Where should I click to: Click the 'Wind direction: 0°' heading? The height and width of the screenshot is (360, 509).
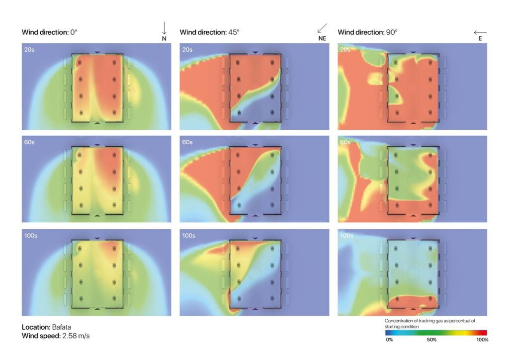(49, 32)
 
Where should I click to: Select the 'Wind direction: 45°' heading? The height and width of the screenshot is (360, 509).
(209, 32)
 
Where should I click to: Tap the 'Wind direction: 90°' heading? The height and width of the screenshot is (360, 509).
(367, 32)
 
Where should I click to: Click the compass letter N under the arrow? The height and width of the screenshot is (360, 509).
(164, 38)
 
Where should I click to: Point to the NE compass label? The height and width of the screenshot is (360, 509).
(322, 38)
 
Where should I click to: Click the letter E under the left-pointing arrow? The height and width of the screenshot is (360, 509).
(480, 38)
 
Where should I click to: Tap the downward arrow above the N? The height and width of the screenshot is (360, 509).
(164, 28)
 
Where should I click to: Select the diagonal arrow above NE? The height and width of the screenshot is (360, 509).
(323, 28)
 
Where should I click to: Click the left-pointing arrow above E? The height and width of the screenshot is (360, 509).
(480, 32)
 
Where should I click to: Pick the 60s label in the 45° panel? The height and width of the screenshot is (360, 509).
(187, 142)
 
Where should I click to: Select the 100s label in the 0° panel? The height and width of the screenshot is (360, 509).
(31, 235)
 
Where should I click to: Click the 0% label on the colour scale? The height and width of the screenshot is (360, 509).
(390, 340)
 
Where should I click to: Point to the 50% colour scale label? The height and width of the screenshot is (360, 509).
(432, 340)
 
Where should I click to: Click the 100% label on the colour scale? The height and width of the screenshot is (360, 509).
(482, 340)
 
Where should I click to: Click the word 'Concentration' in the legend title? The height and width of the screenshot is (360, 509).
(401, 321)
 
